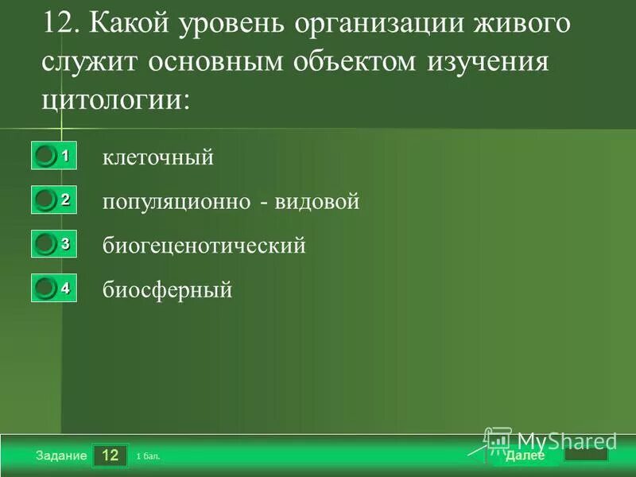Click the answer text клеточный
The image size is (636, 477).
158,157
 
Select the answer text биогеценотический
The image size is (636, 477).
204,246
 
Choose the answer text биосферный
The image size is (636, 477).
167,290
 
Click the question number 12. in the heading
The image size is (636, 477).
62,24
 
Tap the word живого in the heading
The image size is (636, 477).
522,24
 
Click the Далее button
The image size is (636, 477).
525,456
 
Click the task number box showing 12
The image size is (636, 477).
111,456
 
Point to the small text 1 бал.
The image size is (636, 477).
148,457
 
